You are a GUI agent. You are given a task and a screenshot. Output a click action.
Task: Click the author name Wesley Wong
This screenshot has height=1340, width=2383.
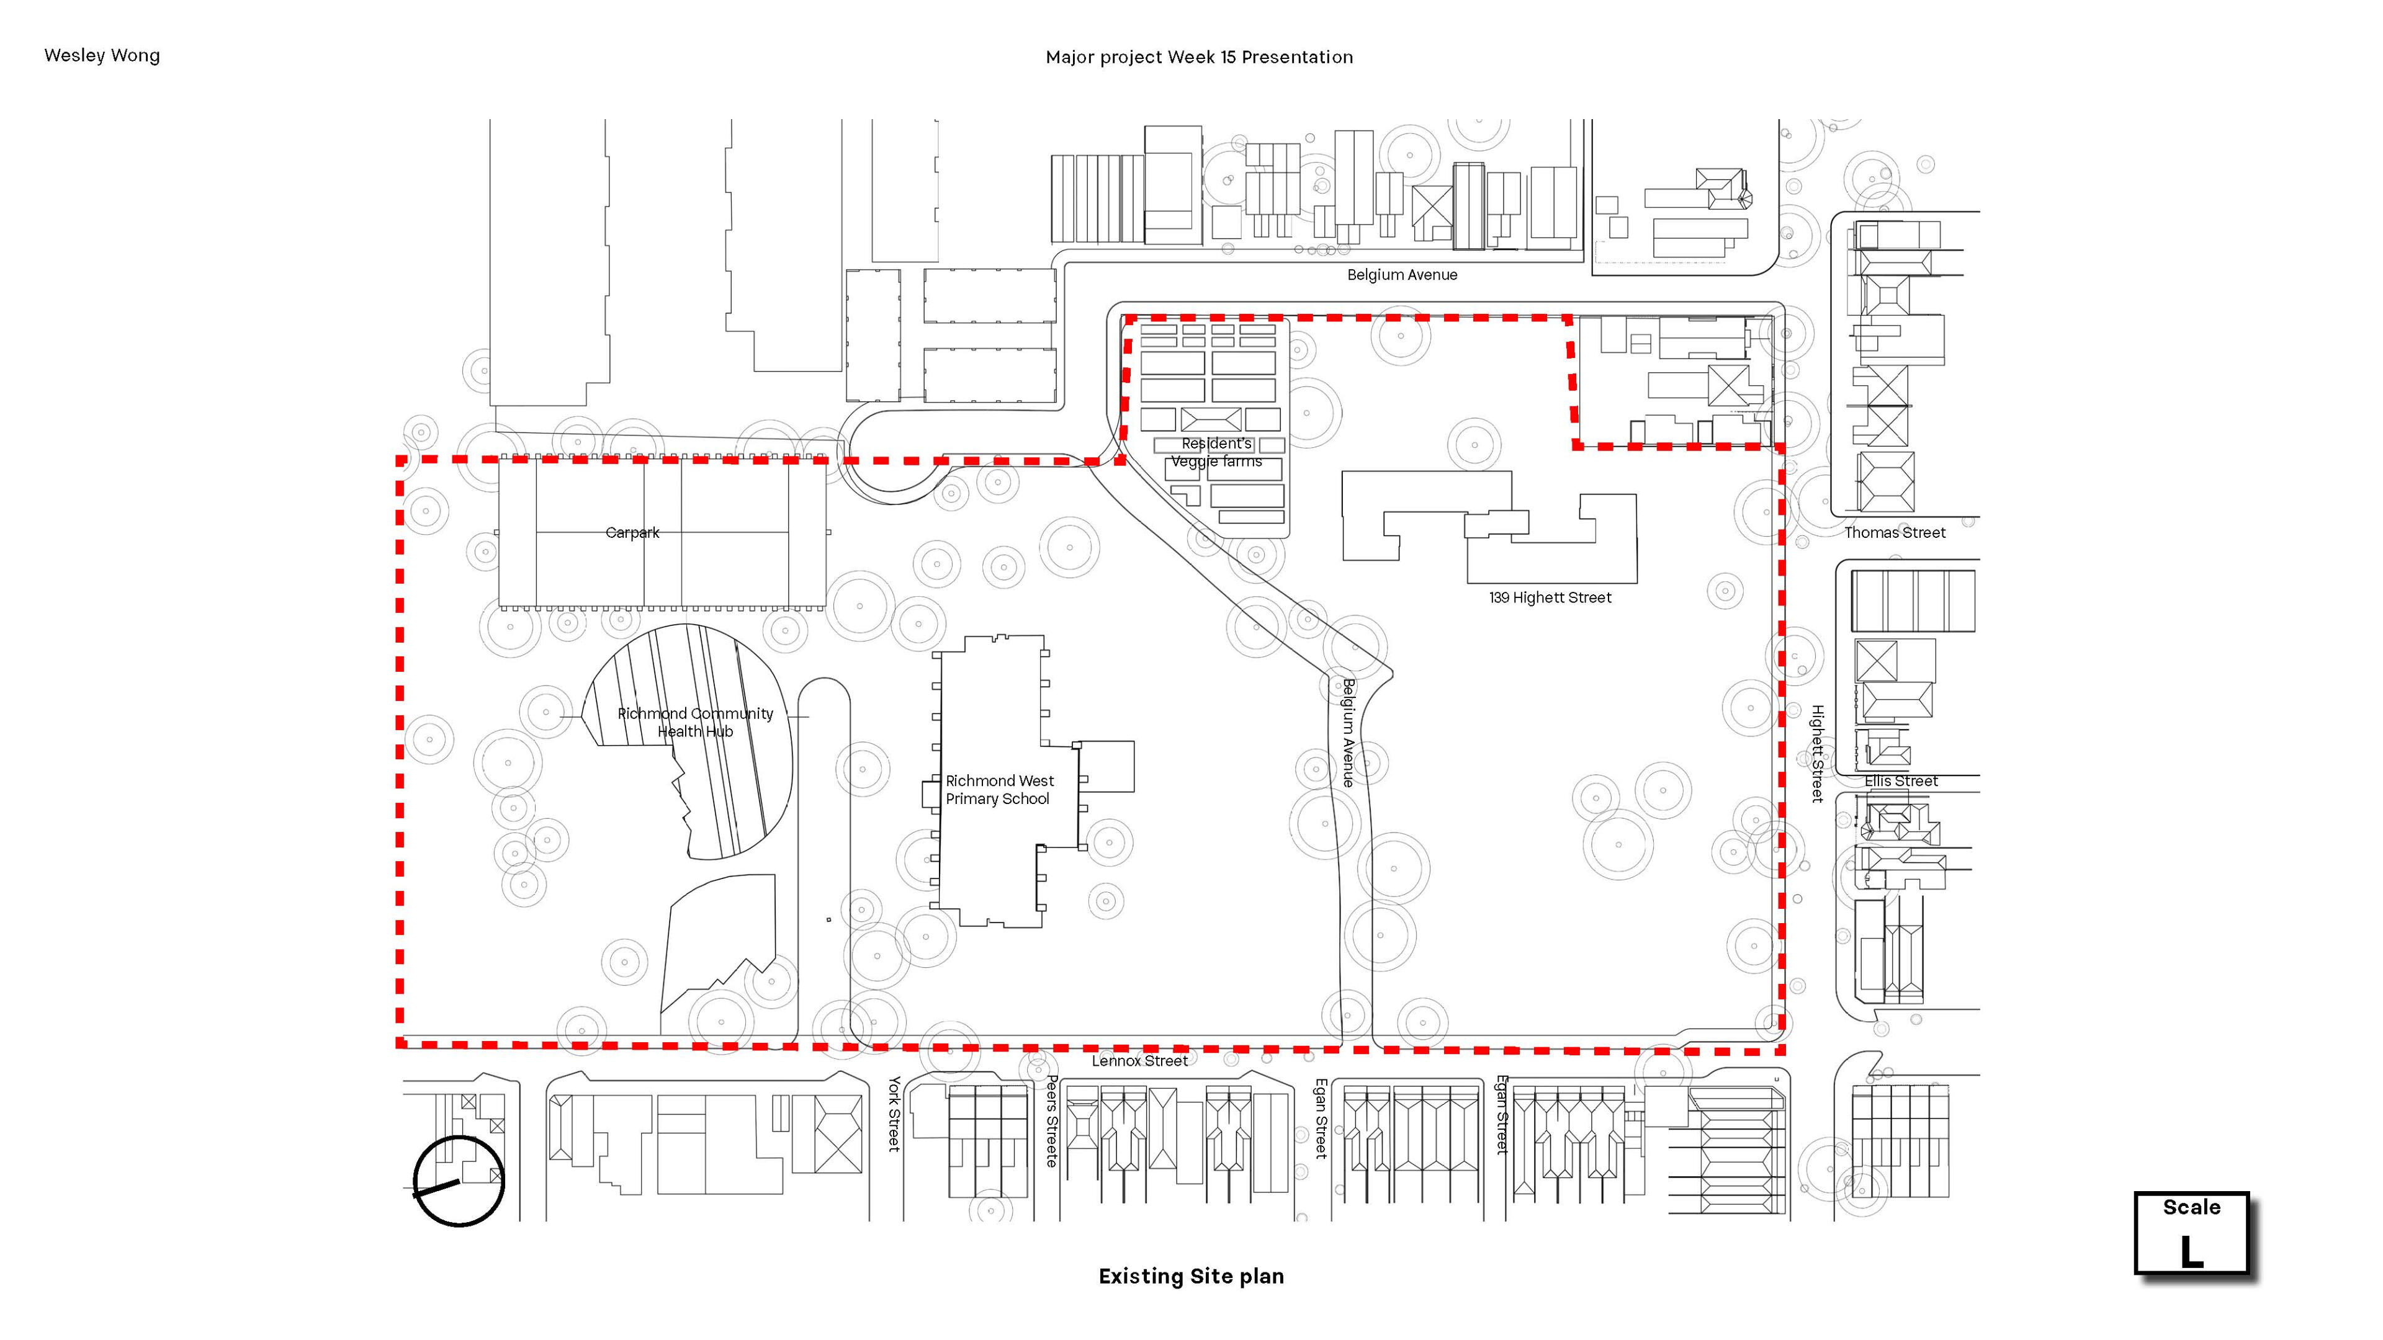tap(102, 55)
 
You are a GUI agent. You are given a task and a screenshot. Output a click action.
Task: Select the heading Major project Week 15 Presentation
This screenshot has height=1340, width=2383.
tap(1199, 57)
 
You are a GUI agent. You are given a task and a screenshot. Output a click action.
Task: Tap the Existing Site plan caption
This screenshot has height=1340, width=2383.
tap(1191, 1276)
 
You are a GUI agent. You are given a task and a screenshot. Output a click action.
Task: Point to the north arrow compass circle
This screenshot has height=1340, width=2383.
tap(459, 1138)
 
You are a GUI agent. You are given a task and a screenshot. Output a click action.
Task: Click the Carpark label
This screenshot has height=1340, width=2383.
tap(633, 533)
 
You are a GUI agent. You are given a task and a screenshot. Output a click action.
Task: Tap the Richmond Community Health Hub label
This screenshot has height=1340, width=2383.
tap(696, 722)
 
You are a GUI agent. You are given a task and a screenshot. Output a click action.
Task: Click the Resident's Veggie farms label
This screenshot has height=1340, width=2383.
tap(1216, 452)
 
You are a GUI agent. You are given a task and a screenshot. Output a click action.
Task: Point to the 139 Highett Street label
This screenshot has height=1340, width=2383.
tap(1550, 597)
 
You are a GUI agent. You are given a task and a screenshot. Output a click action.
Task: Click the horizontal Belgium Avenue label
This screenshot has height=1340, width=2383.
tap(1402, 275)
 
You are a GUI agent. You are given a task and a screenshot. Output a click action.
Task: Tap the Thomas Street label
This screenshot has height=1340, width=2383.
tap(1895, 533)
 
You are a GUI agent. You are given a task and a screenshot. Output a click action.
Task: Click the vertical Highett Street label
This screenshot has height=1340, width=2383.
tap(1818, 754)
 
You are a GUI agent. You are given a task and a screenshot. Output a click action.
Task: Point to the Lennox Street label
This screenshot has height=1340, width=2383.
tap(1140, 1061)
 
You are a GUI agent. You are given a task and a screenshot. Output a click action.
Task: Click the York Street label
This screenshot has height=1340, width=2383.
tap(894, 1114)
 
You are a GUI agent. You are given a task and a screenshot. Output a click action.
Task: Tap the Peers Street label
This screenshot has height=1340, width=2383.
tap(1052, 1121)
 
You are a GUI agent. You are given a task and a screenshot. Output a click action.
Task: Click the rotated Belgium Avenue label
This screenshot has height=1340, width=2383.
tap(1349, 733)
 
